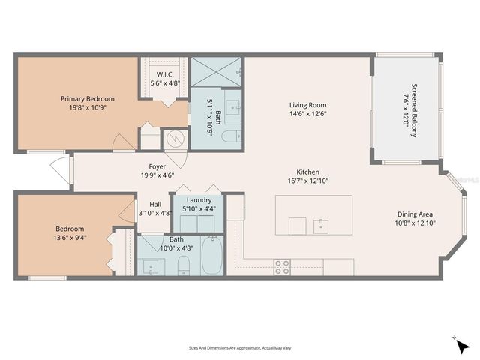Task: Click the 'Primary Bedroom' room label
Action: coord(88,98)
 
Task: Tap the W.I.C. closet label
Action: coord(163,73)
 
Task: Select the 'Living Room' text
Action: coord(308,105)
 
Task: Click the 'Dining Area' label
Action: coord(416,214)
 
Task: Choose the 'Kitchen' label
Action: coord(308,171)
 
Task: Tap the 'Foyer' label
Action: coord(157,166)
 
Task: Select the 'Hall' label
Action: coord(155,204)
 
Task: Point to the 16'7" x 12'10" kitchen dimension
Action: coord(308,181)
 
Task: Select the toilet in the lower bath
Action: coord(182,263)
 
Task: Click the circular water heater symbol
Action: coord(174,139)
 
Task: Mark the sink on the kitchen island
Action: coord(321,225)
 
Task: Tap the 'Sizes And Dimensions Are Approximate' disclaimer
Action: coord(239,347)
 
